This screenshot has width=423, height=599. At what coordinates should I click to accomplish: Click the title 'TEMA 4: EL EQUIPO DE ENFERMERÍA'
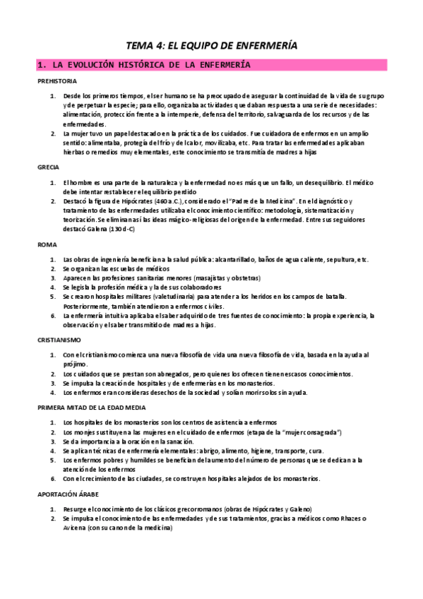tap(211, 45)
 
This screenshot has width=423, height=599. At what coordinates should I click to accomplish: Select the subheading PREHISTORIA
tap(58, 81)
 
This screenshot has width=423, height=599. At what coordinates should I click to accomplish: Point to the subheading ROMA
tap(47, 244)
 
